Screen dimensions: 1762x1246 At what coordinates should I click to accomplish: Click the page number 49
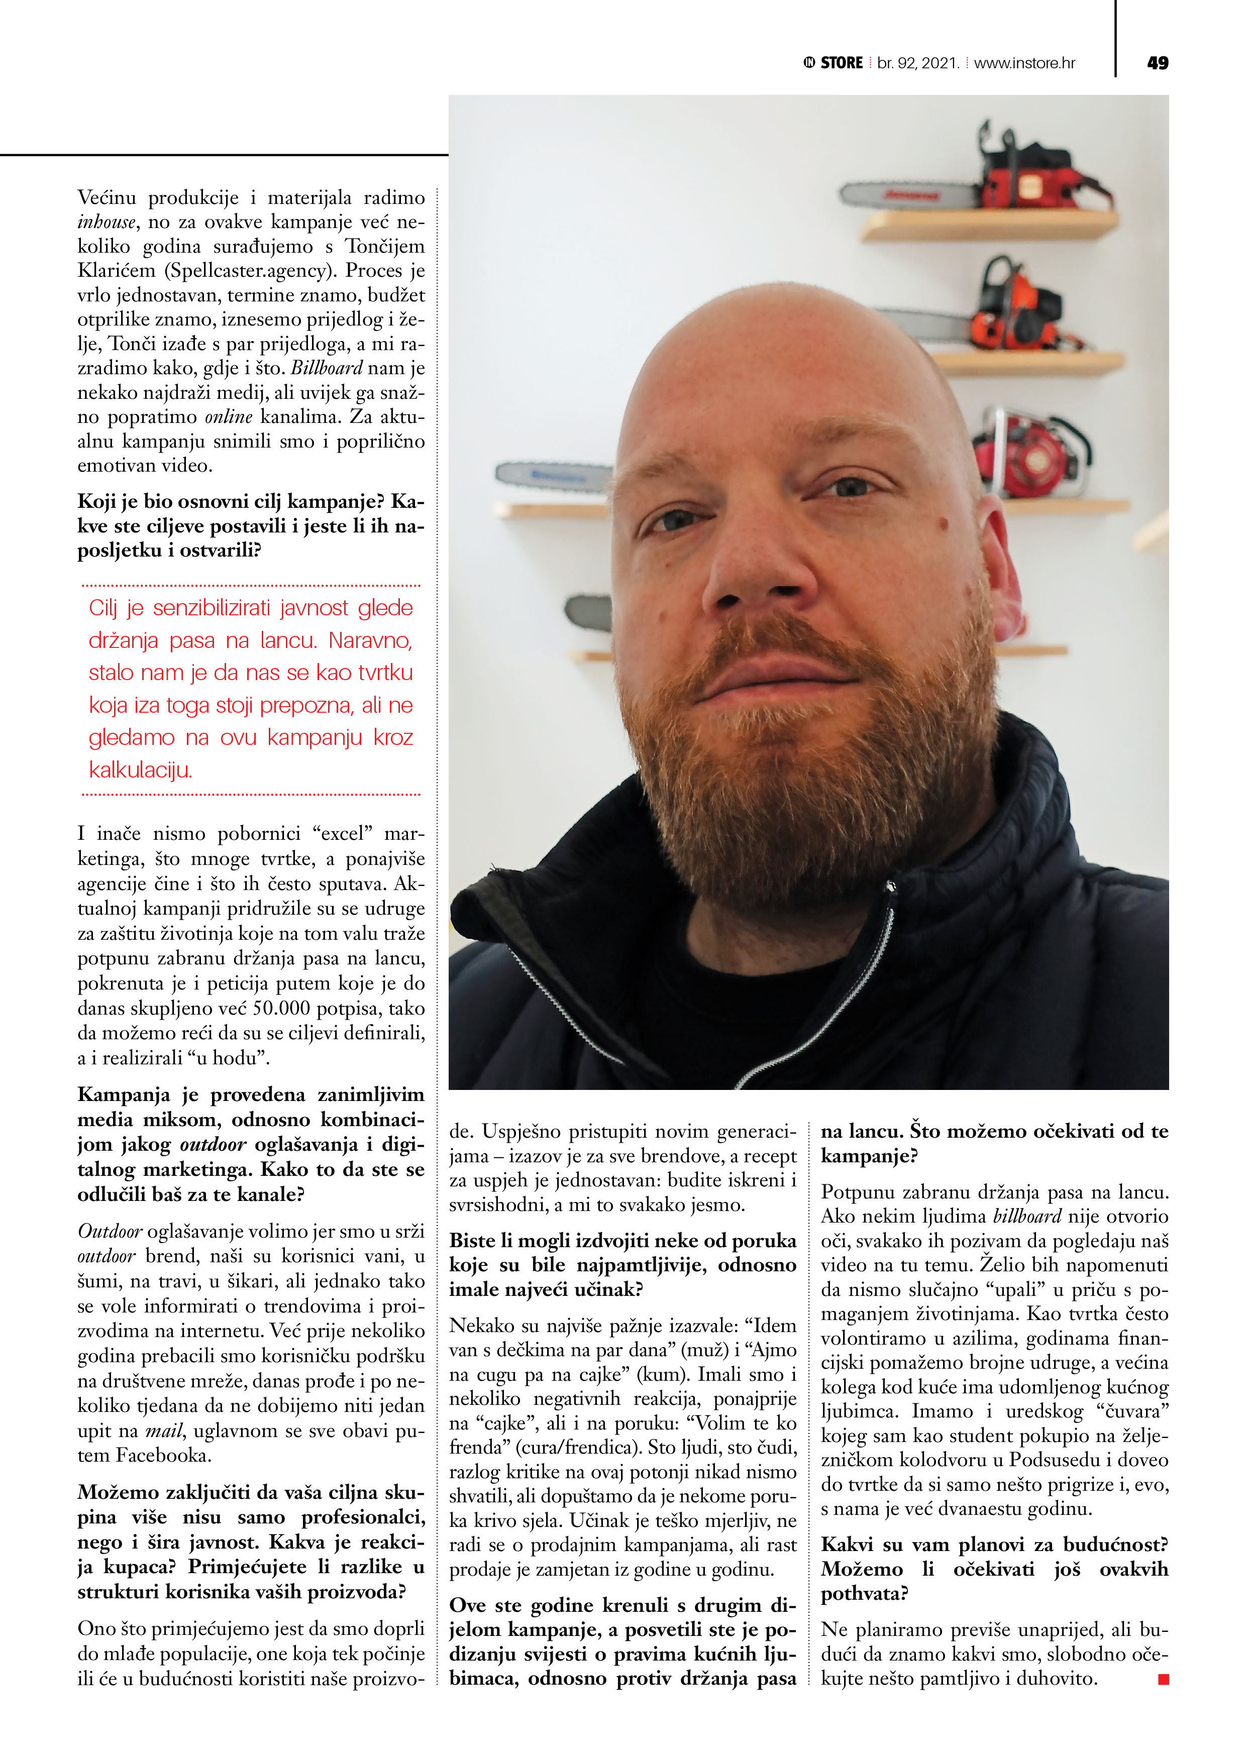1157,63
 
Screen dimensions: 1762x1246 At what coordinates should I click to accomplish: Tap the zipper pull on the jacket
891,887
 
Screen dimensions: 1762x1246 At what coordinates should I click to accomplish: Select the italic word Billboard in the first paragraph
326,368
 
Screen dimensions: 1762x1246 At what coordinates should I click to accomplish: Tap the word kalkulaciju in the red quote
140,769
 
